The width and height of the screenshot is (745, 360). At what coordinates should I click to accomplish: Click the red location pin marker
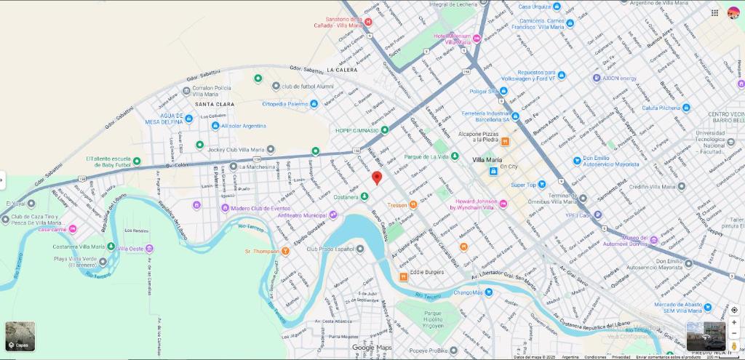point(377,177)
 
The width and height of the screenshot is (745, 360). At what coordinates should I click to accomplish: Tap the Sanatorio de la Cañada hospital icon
point(368,22)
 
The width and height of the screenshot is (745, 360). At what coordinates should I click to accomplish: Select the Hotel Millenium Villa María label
point(453,39)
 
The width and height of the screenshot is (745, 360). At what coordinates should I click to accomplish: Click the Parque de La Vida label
point(426,156)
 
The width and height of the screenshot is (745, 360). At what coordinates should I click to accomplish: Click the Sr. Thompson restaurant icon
point(286,251)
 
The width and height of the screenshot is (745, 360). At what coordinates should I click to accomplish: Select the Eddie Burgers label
point(426,272)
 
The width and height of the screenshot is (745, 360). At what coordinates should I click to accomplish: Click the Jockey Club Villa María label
point(236,149)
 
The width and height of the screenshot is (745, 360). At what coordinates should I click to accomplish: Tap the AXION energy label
point(619,78)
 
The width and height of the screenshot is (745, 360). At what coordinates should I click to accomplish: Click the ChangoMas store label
point(468,292)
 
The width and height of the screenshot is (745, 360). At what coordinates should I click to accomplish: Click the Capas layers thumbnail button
point(20,336)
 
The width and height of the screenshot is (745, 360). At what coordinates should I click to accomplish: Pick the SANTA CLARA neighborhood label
point(215,104)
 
